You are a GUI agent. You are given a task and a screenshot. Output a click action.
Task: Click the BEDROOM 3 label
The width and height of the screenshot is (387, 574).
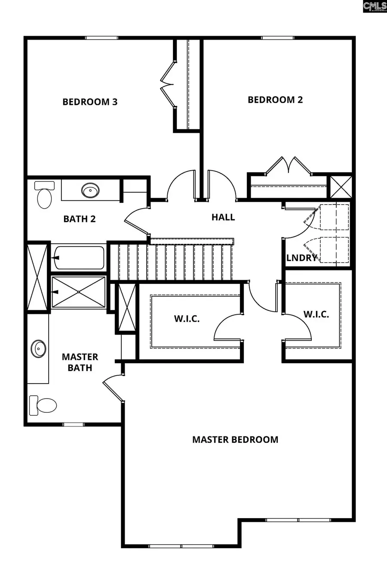pos(90,102)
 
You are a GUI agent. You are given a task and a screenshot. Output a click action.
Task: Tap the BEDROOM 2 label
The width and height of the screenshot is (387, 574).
pos(275,100)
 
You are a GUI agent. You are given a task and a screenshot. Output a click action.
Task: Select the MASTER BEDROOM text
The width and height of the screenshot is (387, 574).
pos(235,439)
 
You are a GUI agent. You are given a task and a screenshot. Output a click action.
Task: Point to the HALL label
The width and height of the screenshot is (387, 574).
pos(223,217)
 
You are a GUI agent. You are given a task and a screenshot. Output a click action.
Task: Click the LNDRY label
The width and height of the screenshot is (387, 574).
pos(302,258)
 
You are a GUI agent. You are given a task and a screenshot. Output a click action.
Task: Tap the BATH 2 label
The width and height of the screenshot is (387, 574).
pos(80,219)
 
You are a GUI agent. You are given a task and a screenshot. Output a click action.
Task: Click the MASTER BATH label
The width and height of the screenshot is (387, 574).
pos(80,362)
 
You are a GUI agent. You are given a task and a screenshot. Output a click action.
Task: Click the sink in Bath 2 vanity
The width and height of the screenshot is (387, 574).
pos(90,190)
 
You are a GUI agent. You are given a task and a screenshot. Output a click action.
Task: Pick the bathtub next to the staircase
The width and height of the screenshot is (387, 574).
pos(79,257)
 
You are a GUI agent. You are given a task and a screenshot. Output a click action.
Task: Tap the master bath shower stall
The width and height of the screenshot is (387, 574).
pos(79,292)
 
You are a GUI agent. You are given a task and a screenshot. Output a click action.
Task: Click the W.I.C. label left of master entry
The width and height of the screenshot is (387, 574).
pos(187,319)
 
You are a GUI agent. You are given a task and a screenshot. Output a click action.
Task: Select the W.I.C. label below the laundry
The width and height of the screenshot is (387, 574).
pos(316,314)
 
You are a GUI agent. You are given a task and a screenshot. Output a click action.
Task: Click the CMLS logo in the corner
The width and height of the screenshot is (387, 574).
pos(375,6)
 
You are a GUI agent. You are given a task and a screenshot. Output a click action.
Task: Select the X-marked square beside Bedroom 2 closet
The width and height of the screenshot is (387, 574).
pos(340,187)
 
